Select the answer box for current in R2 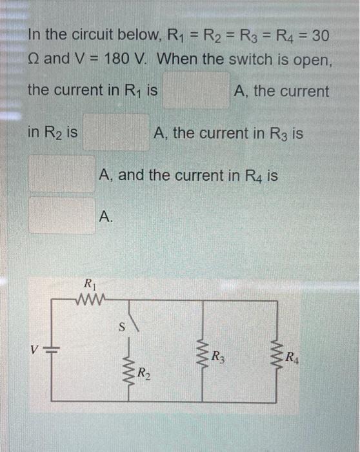(115, 132)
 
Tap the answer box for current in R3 (61, 173)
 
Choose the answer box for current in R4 (61, 215)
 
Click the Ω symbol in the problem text (33, 59)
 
